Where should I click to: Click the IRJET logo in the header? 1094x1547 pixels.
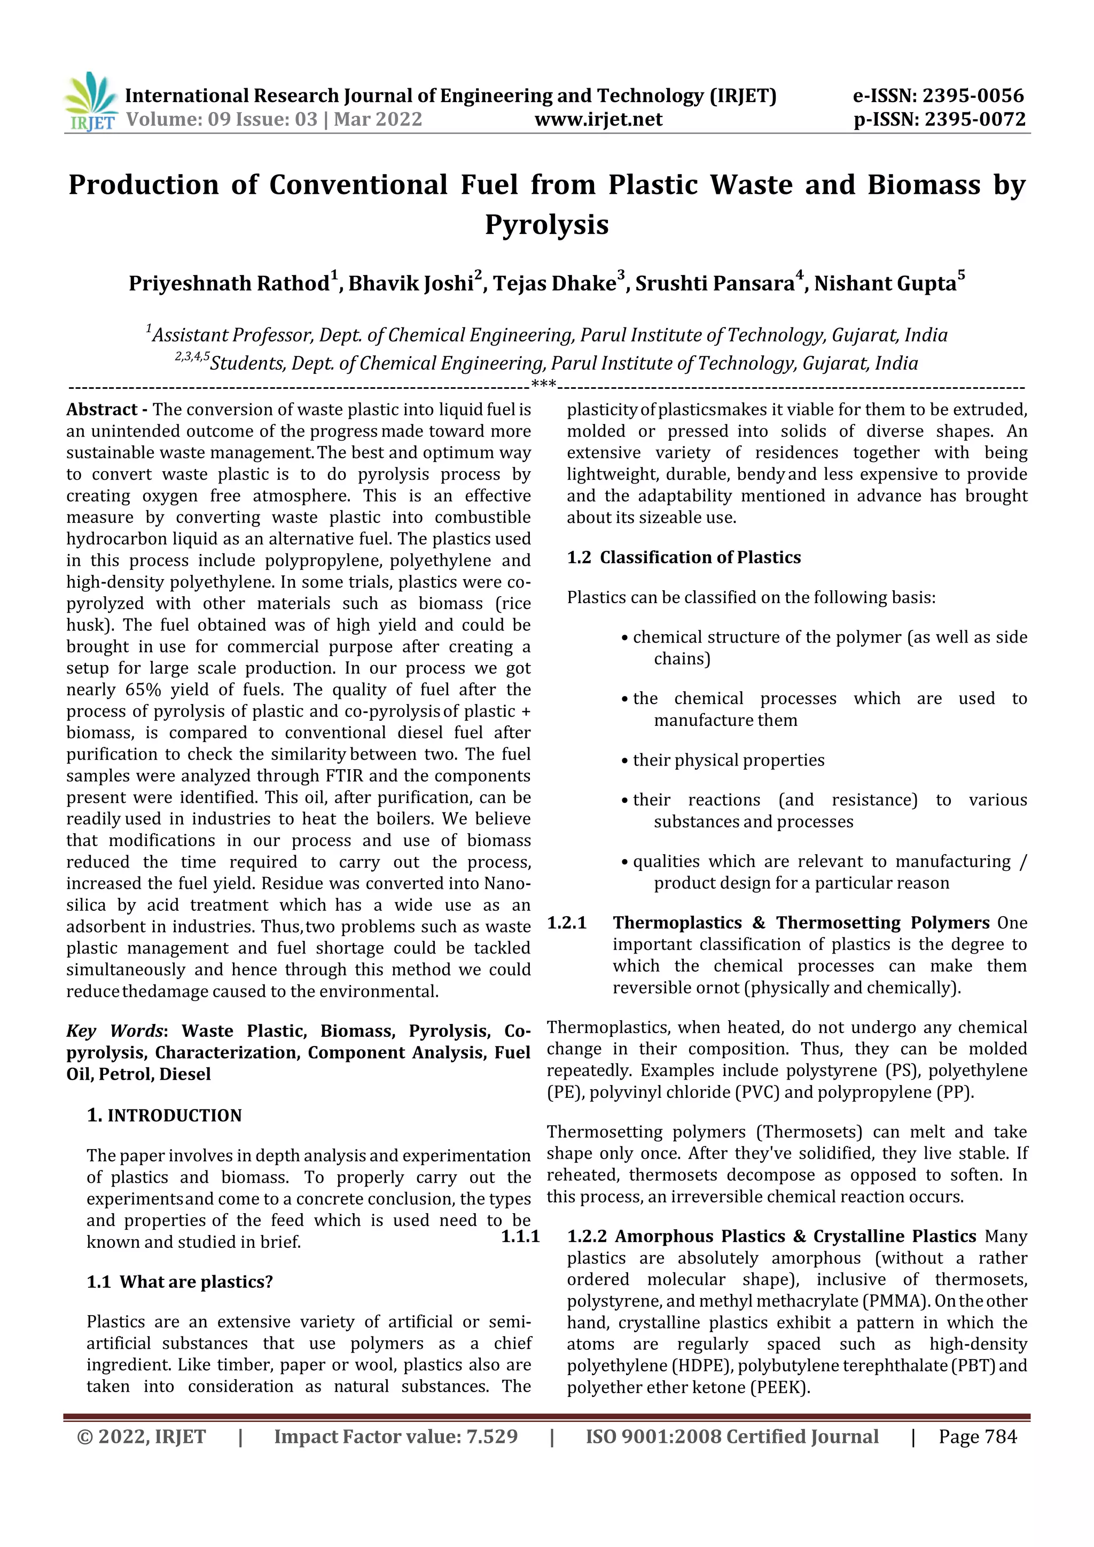pyautogui.click(x=91, y=101)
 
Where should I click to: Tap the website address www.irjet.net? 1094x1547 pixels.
pyautogui.click(x=598, y=120)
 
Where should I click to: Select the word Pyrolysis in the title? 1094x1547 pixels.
pyautogui.click(x=546, y=224)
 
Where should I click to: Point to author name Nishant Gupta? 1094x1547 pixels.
pyautogui.click(x=885, y=283)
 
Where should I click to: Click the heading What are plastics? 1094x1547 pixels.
pyautogui.click(x=196, y=1282)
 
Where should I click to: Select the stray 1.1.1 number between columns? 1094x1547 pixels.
pyautogui.click(x=520, y=1237)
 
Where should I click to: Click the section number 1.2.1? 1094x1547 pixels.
pyautogui.click(x=567, y=923)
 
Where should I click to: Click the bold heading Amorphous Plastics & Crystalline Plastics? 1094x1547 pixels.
pyautogui.click(x=795, y=1237)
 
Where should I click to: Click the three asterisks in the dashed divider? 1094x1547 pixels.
pyautogui.click(x=543, y=385)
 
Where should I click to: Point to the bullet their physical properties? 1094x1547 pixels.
pyautogui.click(x=728, y=760)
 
